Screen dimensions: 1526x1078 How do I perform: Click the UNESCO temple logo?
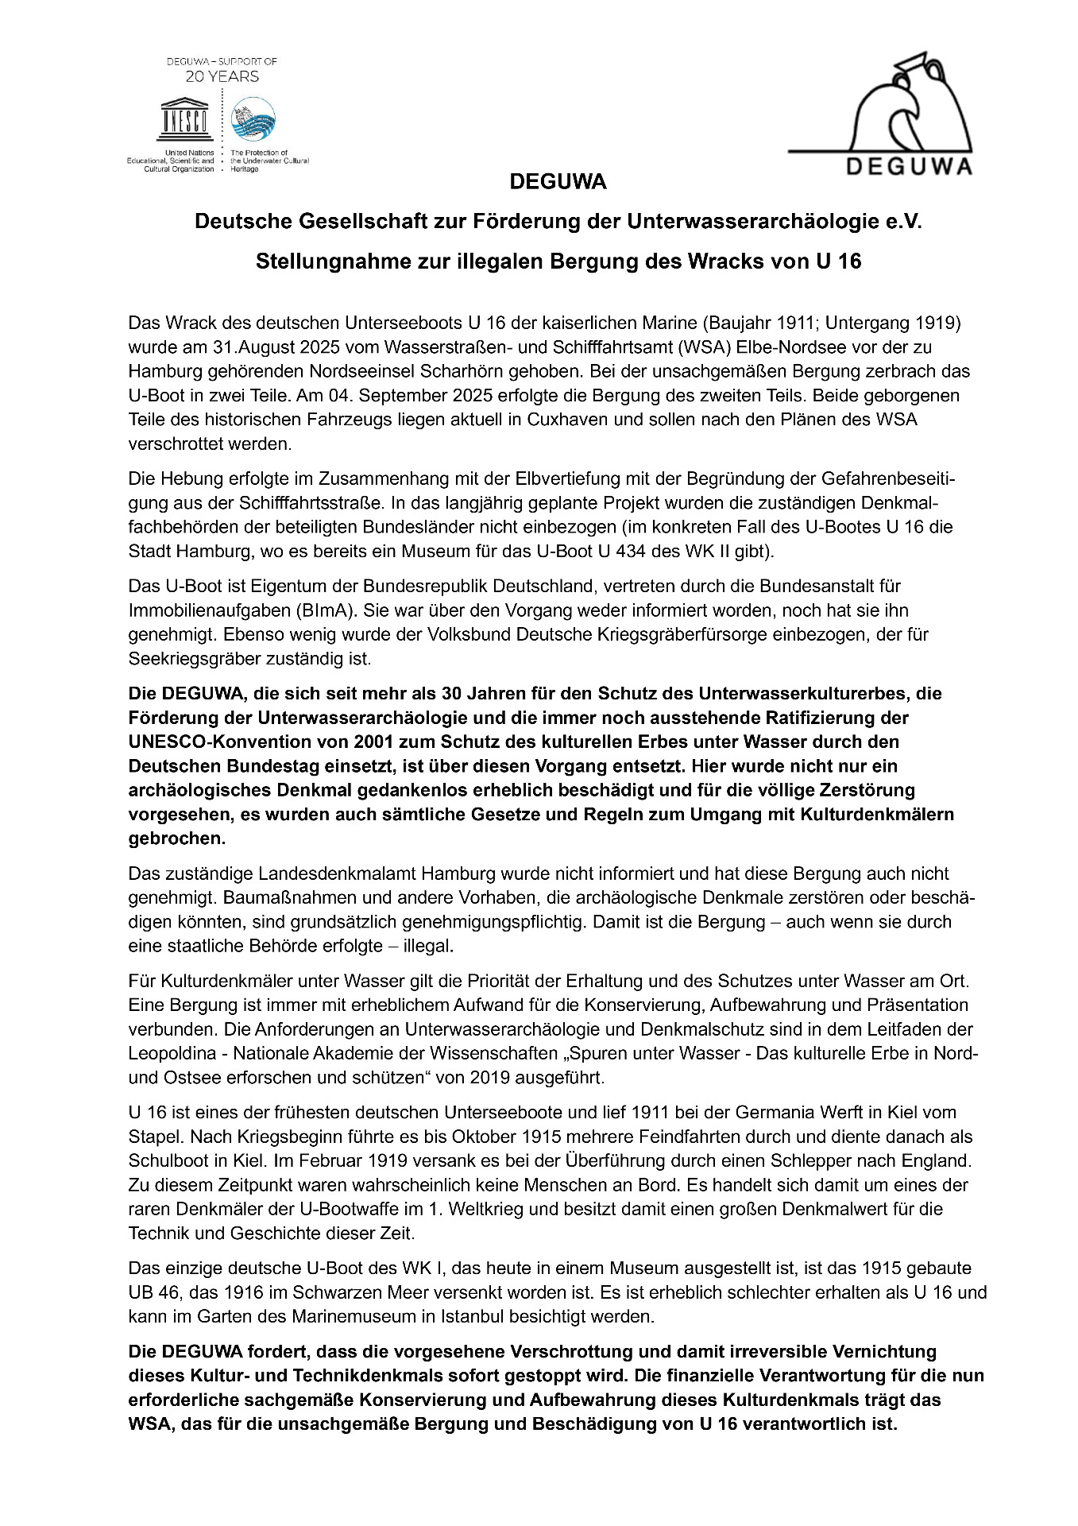(x=184, y=118)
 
